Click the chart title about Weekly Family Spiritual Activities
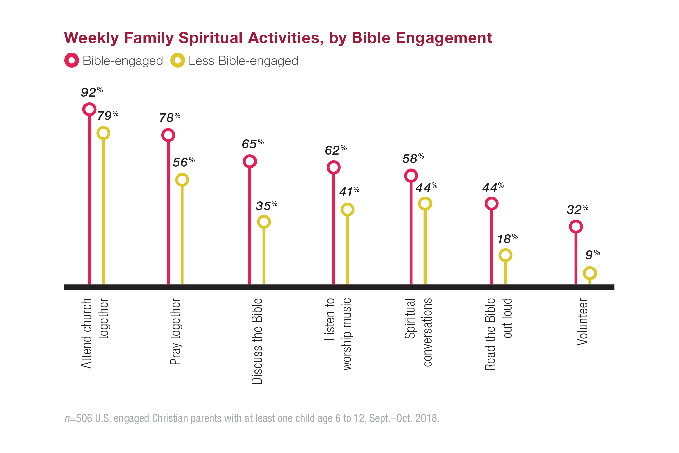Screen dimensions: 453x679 [x=278, y=38]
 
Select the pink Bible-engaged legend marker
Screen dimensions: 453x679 [x=71, y=61]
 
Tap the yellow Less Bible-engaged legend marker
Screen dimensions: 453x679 [x=178, y=61]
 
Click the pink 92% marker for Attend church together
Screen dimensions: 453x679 [x=89, y=109]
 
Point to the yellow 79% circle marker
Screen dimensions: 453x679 [x=103, y=133]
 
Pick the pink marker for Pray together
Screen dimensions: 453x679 [x=168, y=135]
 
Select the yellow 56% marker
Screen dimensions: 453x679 [x=182, y=180]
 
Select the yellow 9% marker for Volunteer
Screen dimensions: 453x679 [x=590, y=273]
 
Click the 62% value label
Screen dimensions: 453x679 [x=335, y=150]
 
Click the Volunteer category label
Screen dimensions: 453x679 [x=583, y=322]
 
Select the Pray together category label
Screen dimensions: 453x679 [x=175, y=331]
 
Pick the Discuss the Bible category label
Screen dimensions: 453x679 [x=257, y=341]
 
